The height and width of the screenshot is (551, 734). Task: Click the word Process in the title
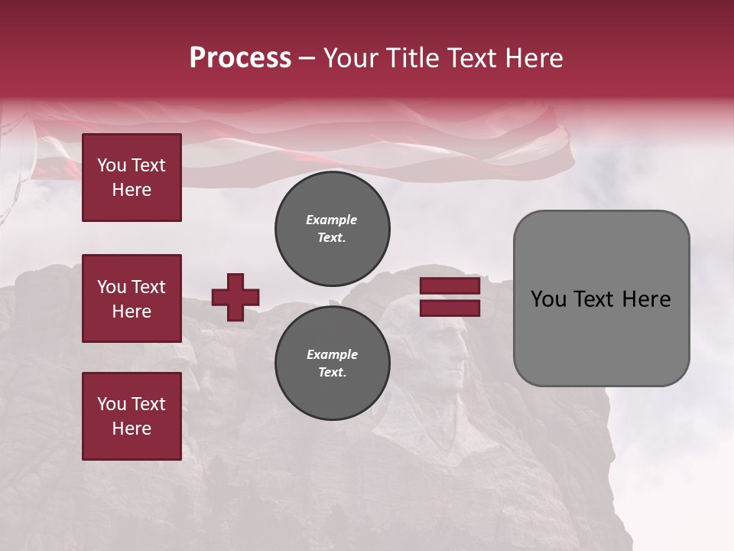pos(240,58)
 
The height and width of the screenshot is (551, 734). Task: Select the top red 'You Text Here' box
pos(132,178)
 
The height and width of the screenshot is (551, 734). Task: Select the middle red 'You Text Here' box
pos(132,298)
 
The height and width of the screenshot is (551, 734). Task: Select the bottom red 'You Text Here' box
pos(132,416)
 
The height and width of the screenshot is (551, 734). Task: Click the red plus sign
pos(235,297)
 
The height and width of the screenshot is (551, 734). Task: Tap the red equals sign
pos(450,297)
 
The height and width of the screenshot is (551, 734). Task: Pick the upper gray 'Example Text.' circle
pos(333,228)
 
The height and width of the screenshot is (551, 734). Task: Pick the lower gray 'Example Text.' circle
pos(333,363)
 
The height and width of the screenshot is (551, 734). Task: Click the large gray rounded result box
pos(601,298)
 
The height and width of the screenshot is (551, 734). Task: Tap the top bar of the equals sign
pos(450,286)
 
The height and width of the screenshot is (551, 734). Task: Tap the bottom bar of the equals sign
pos(450,308)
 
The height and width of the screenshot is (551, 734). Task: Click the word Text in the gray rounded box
pos(594,299)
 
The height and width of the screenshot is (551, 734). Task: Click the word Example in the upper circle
pos(331,220)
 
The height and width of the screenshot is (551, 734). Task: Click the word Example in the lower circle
pos(332,354)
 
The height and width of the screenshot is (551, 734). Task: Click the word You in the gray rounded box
pos(548,299)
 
